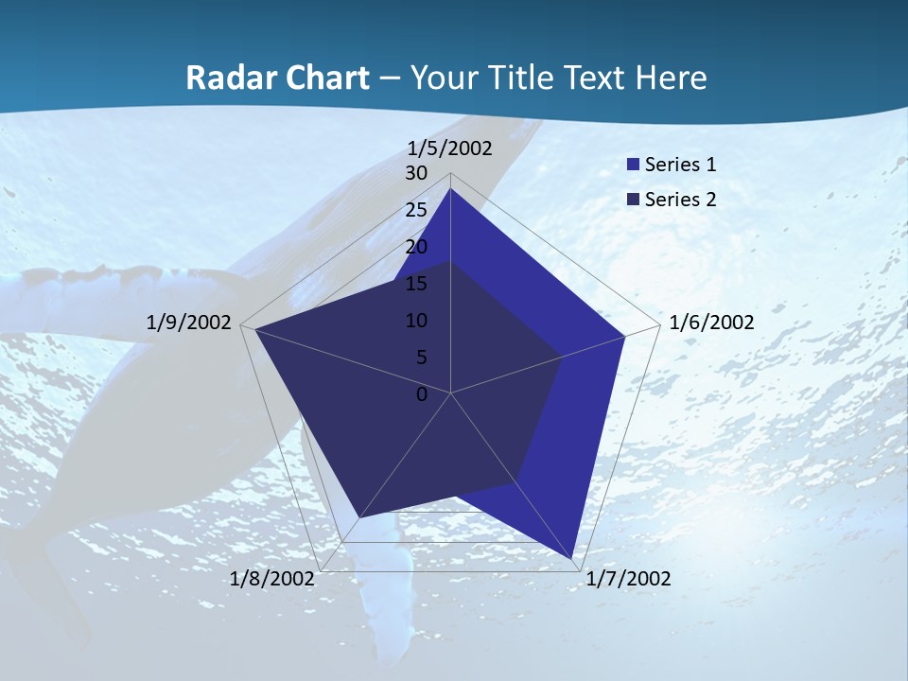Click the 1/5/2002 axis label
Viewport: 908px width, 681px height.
coord(450,148)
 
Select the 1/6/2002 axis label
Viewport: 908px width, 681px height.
coord(711,323)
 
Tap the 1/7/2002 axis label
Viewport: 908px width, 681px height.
coord(628,579)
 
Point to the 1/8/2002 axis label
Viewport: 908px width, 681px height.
coord(271,579)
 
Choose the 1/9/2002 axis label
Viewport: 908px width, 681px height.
coord(189,323)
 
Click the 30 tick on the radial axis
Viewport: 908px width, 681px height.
coord(416,173)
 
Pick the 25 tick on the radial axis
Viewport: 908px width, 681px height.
coord(416,210)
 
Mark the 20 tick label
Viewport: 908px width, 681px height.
coord(416,247)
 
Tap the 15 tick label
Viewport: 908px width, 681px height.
coord(416,284)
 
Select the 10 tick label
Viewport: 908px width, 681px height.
coord(416,321)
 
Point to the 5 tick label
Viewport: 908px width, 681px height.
coord(421,358)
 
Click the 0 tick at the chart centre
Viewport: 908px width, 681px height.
coord(422,394)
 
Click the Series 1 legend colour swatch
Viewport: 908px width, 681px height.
coord(633,166)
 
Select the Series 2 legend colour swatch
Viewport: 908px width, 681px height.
coord(633,200)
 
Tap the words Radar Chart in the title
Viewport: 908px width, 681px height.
coord(277,78)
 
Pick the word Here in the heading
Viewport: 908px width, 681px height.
coord(671,78)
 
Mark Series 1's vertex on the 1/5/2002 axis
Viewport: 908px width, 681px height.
coord(451,189)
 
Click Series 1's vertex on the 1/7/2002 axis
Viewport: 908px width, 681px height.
coord(573,559)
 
